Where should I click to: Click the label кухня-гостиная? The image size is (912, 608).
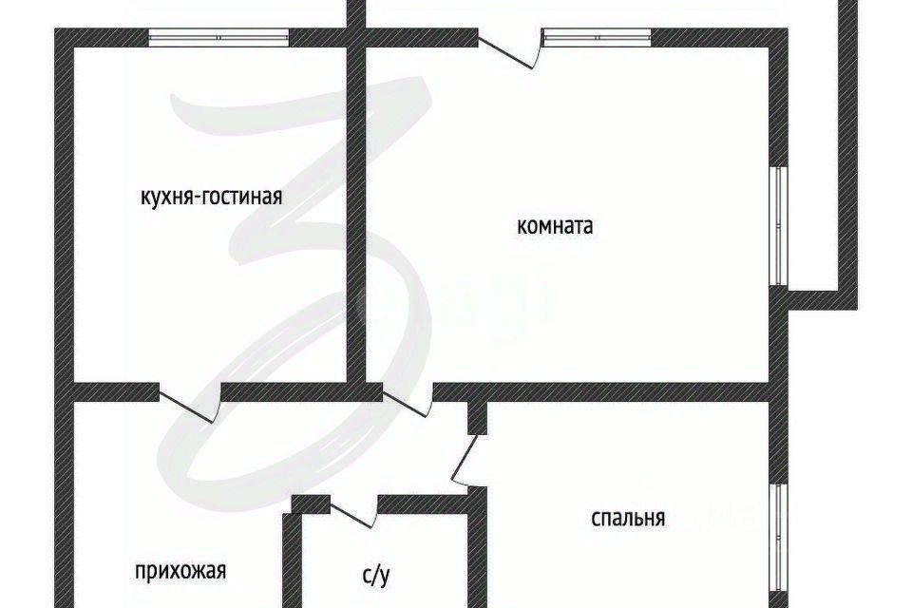pos(212,197)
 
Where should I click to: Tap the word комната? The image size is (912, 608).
pos(555,226)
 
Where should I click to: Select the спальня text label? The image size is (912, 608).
pos(627,518)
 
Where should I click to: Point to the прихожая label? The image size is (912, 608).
pos(180,571)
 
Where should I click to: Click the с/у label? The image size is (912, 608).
pos(376,574)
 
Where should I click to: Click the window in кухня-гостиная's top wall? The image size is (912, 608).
pos(218,37)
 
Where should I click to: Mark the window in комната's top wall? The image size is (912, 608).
pos(597,37)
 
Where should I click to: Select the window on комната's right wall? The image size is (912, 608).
pos(778,226)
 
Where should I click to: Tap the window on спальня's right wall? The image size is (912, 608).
pos(778,537)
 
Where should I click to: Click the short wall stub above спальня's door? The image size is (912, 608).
pos(478,416)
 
